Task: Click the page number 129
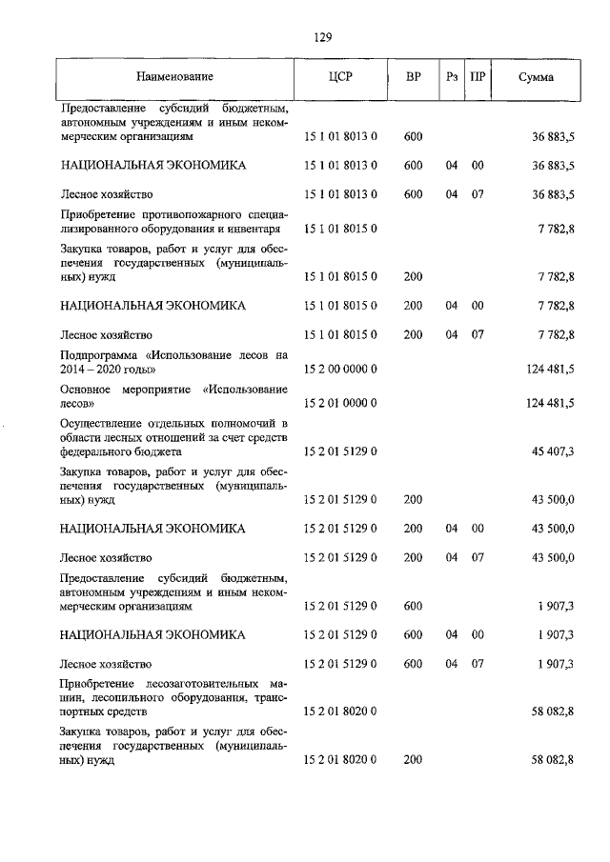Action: (321, 37)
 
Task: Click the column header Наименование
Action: (174, 76)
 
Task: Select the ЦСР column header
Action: (340, 76)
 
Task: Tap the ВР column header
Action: (413, 76)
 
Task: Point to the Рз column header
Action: (452, 76)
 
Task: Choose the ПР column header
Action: (478, 76)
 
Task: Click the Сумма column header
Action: (537, 76)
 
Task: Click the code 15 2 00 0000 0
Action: (340, 369)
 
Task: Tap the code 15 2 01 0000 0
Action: (340, 403)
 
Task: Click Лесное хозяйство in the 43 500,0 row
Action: (106, 557)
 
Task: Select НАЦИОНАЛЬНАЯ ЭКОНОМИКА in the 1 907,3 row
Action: (152, 633)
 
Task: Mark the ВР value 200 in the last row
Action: (413, 760)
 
